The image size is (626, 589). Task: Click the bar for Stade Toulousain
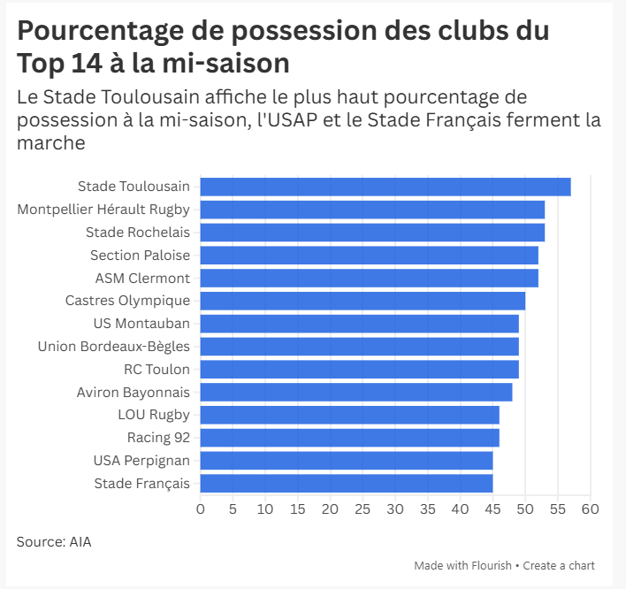[385, 187]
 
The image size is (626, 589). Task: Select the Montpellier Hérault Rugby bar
[372, 210]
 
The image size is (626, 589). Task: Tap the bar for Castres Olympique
[363, 301]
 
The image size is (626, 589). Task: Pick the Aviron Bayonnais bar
[355, 392]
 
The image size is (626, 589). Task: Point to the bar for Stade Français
[346, 483]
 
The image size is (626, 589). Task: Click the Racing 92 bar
[349, 437]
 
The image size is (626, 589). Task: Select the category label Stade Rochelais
[137, 233]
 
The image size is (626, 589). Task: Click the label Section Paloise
[140, 256]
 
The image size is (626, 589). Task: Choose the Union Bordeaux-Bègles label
[113, 346]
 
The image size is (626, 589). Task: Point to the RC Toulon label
[156, 369]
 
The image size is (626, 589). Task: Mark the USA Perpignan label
[141, 460]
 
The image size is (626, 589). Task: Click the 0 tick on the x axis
[201, 509]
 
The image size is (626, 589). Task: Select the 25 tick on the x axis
[363, 509]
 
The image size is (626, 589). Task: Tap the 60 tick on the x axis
[590, 509]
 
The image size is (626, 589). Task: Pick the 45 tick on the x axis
[492, 509]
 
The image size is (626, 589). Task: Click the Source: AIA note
[54, 541]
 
